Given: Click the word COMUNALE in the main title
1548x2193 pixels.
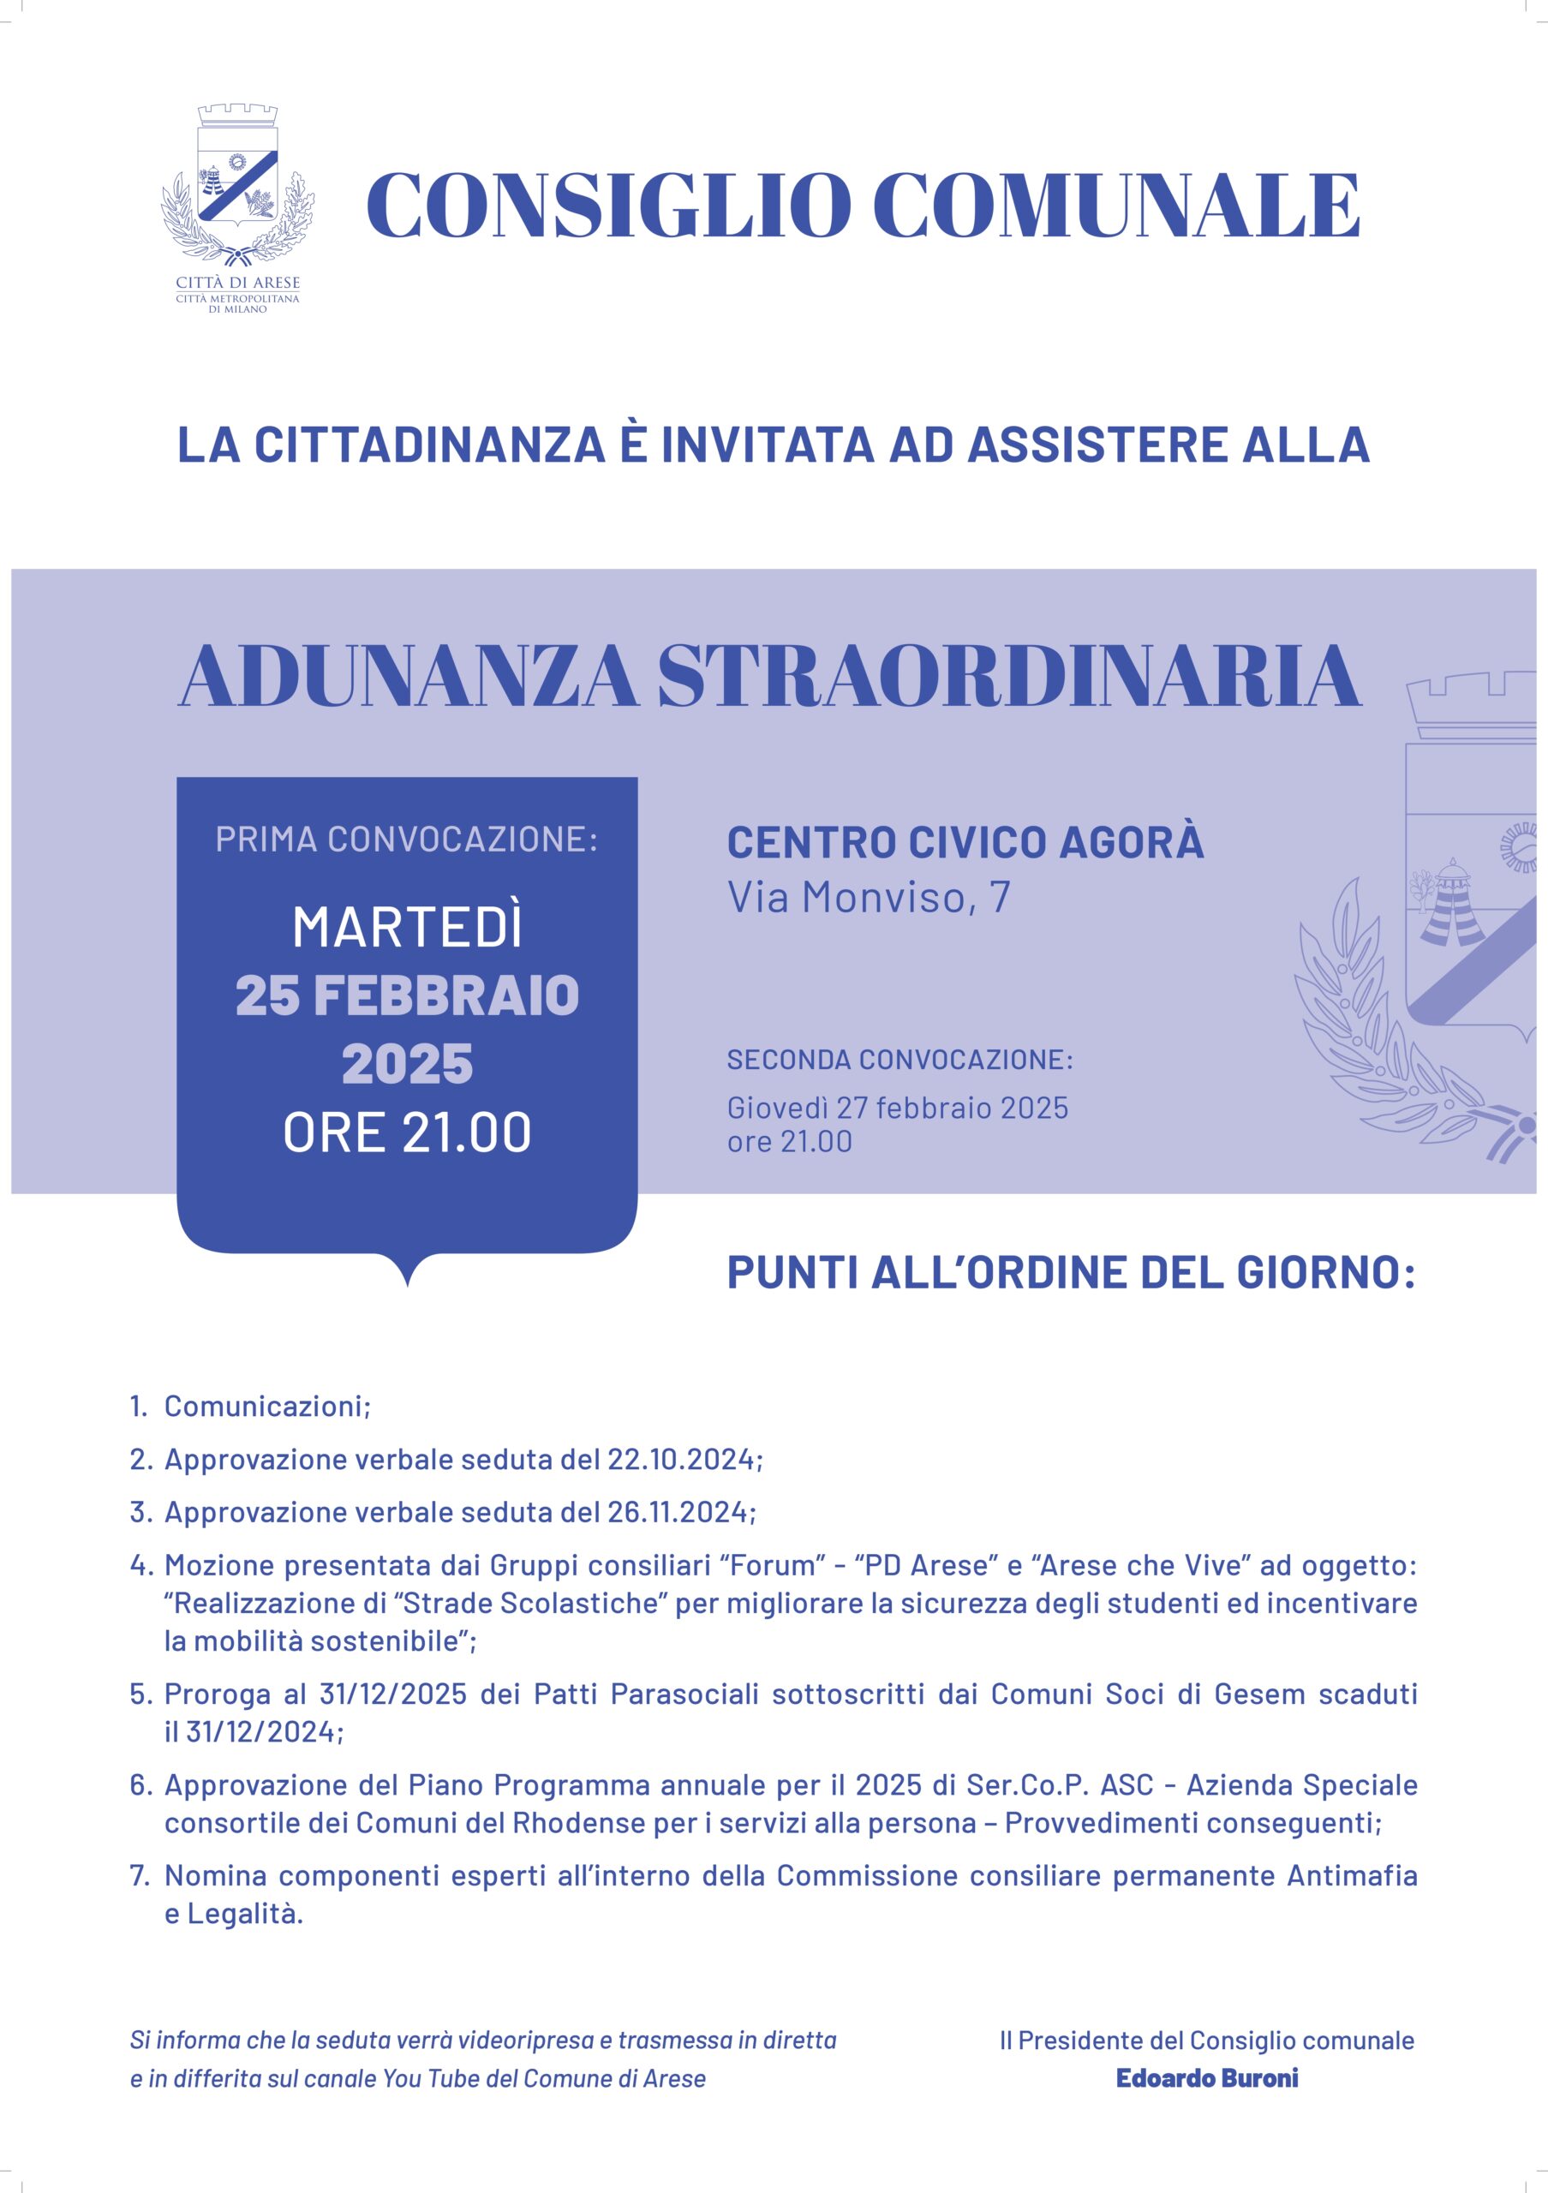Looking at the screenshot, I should point(1116,206).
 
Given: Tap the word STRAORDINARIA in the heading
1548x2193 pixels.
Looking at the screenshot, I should point(1008,676).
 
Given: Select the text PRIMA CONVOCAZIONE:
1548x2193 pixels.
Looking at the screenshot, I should point(407,840).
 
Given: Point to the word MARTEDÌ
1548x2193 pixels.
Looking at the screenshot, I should point(408,928).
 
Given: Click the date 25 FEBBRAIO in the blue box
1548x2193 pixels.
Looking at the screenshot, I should point(408,995).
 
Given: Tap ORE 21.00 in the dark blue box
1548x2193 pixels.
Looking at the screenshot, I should point(408,1132).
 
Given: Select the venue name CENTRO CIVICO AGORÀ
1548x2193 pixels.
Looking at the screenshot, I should point(965,842).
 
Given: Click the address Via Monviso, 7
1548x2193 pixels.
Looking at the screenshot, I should point(868,898).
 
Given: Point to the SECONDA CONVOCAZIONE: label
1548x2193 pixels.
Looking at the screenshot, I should point(900,1060).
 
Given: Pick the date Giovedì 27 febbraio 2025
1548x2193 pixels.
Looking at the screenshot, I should point(898,1108).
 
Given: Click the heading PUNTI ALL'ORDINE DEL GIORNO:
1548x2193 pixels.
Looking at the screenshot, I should point(1071,1272).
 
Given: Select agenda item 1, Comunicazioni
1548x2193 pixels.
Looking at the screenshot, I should point(266,1406).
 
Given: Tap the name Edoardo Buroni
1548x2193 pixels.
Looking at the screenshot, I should point(1207,2078).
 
